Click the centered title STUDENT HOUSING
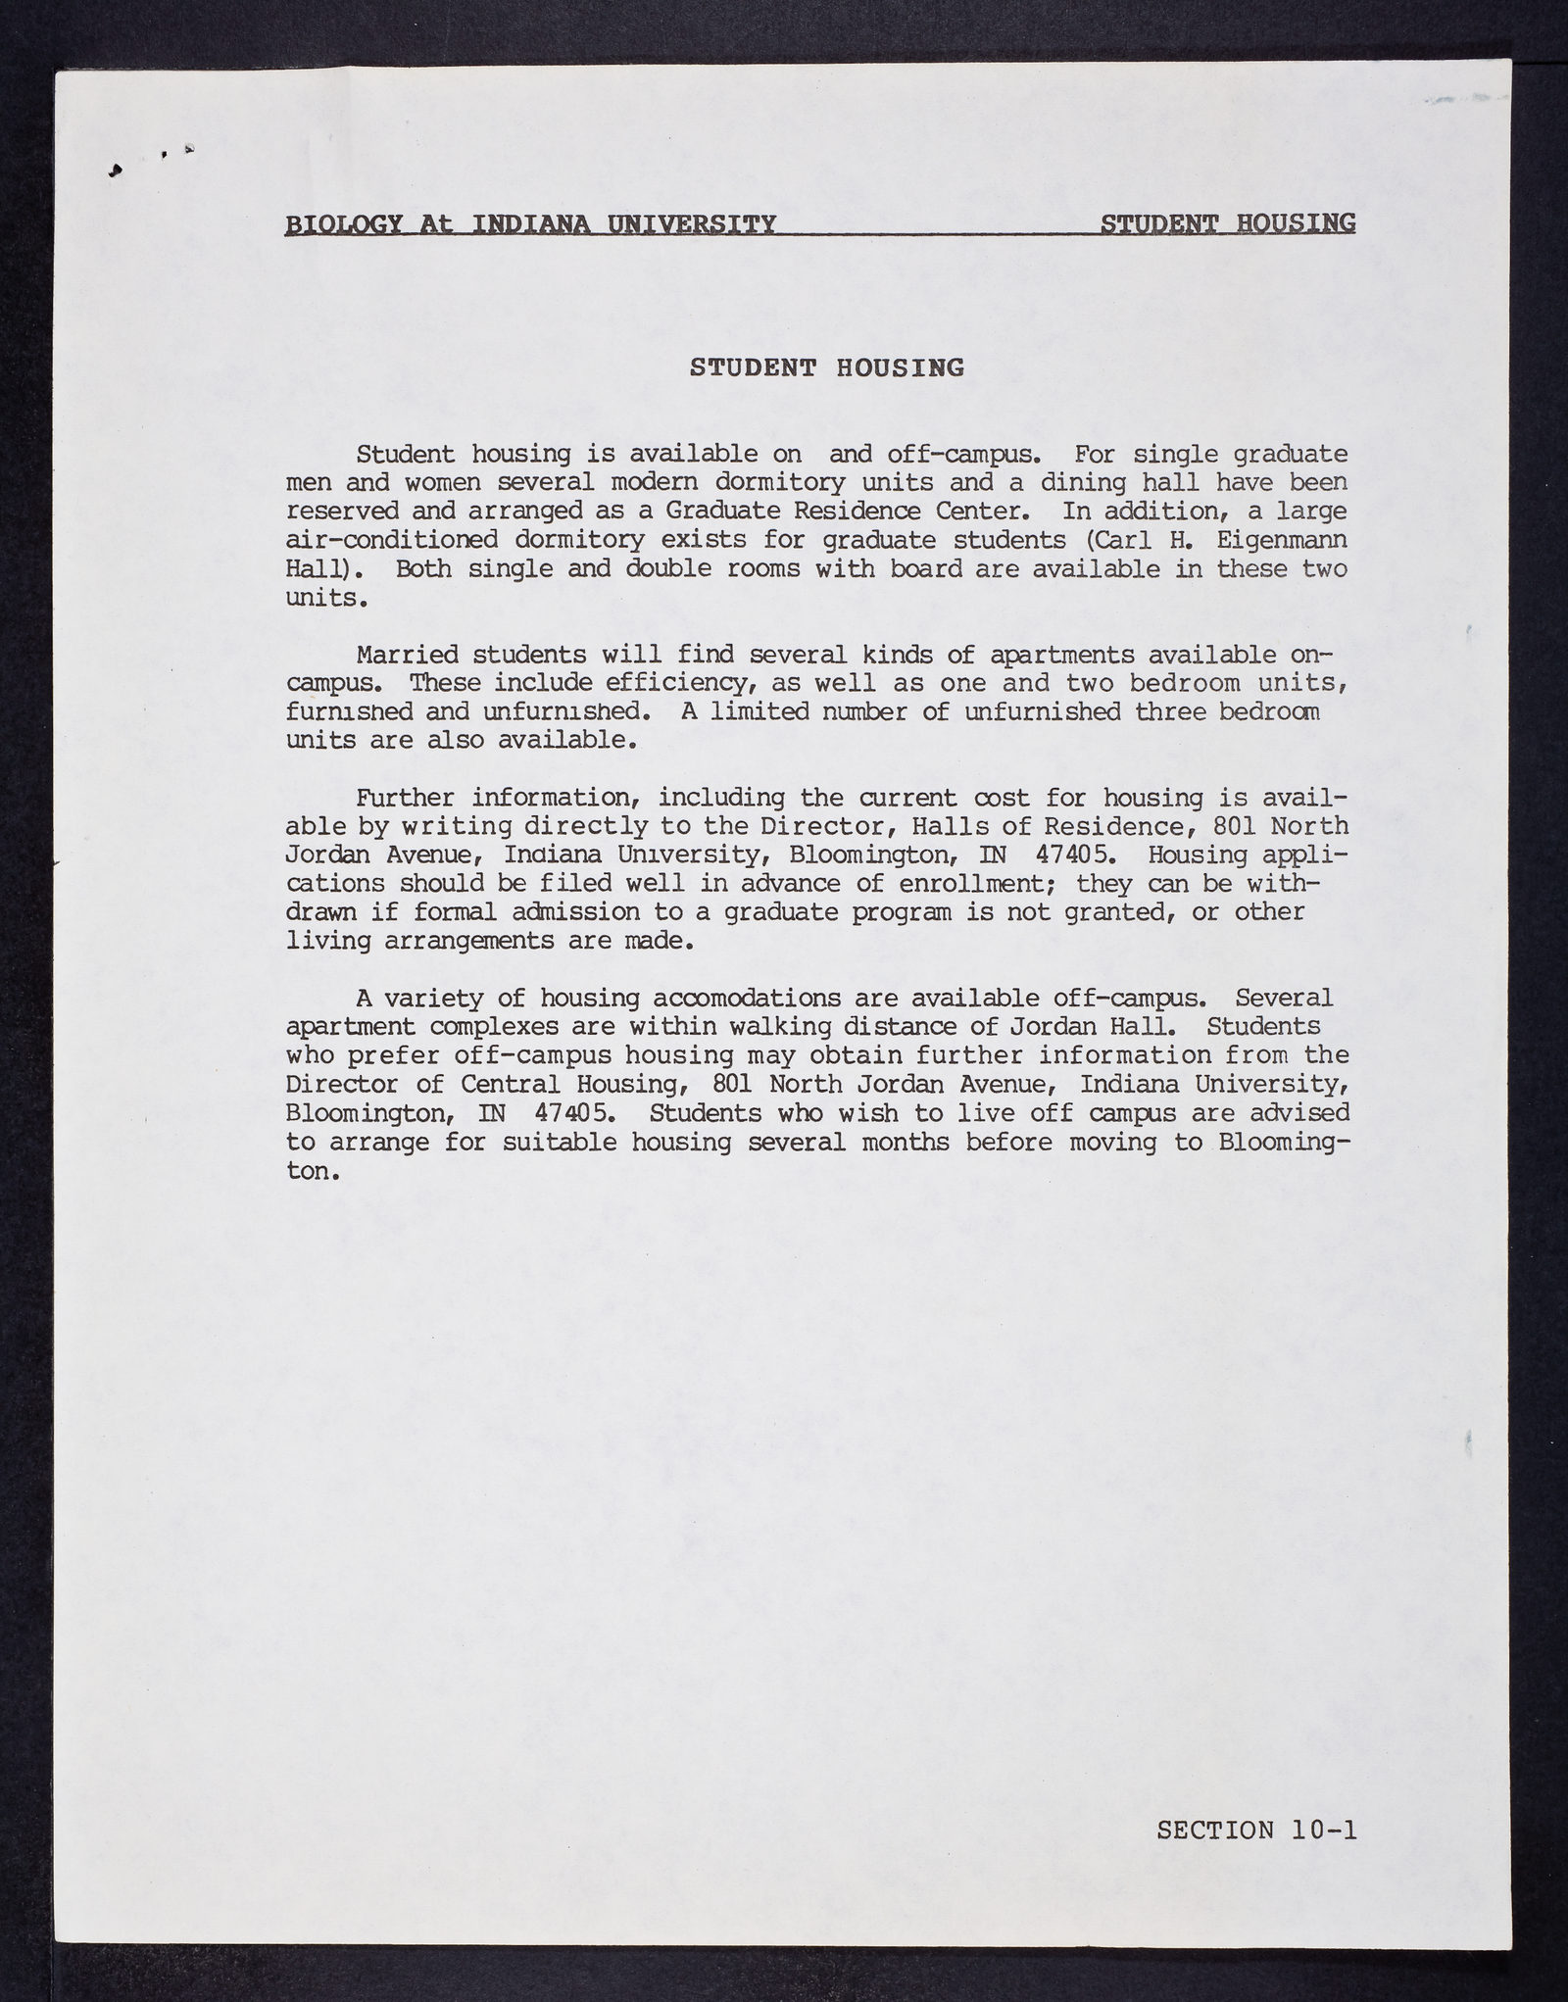click(826, 367)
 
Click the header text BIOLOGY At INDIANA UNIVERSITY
click(530, 225)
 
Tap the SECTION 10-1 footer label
click(1256, 1830)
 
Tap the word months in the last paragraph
click(906, 1143)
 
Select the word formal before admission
click(456, 912)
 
